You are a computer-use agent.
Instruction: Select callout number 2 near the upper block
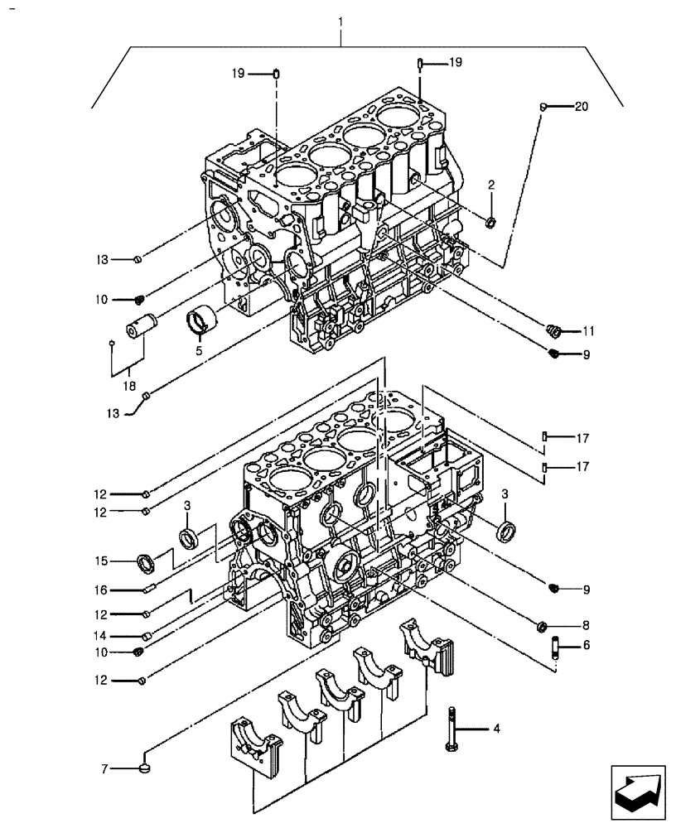click(490, 185)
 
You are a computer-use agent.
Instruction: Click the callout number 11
click(589, 331)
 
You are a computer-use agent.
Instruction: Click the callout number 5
click(199, 349)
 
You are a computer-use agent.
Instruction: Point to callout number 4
click(495, 729)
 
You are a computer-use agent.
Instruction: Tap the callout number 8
click(585, 625)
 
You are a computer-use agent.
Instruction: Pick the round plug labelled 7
click(146, 769)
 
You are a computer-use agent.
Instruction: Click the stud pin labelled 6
click(555, 646)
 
